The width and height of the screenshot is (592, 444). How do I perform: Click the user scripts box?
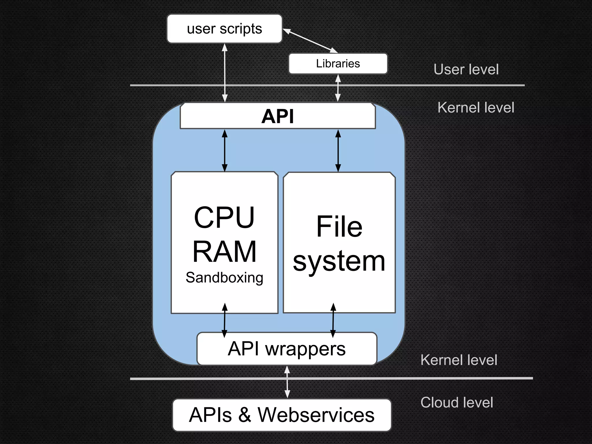tap(224, 29)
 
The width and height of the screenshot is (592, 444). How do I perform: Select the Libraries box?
tap(338, 64)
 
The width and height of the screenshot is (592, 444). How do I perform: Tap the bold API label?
tap(277, 116)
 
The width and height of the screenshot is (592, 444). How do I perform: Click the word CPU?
tap(224, 217)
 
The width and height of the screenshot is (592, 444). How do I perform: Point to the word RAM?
tap(224, 251)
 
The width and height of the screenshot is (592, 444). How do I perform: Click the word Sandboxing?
tap(224, 278)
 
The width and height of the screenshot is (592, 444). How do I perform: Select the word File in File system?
tap(339, 227)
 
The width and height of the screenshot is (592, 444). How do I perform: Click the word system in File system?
tap(339, 261)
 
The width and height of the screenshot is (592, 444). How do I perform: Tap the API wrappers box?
tap(286, 349)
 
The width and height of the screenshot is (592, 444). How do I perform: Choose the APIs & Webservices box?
tap(282, 415)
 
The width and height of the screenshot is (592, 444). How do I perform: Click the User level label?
tap(466, 69)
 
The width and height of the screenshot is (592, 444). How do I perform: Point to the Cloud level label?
tap(457, 402)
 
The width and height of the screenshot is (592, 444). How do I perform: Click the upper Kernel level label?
tap(476, 108)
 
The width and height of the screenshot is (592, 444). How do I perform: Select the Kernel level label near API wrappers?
tap(459, 360)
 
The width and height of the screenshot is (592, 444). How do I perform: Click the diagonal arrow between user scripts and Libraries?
tap(310, 41)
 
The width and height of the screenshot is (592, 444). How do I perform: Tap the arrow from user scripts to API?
tap(225, 72)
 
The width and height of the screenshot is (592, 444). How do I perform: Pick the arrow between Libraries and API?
tap(338, 88)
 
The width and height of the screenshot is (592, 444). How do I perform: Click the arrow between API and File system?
tap(338, 150)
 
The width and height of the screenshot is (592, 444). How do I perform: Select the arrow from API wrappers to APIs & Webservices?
tap(287, 382)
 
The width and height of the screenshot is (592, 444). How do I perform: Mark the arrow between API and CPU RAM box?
tap(225, 150)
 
